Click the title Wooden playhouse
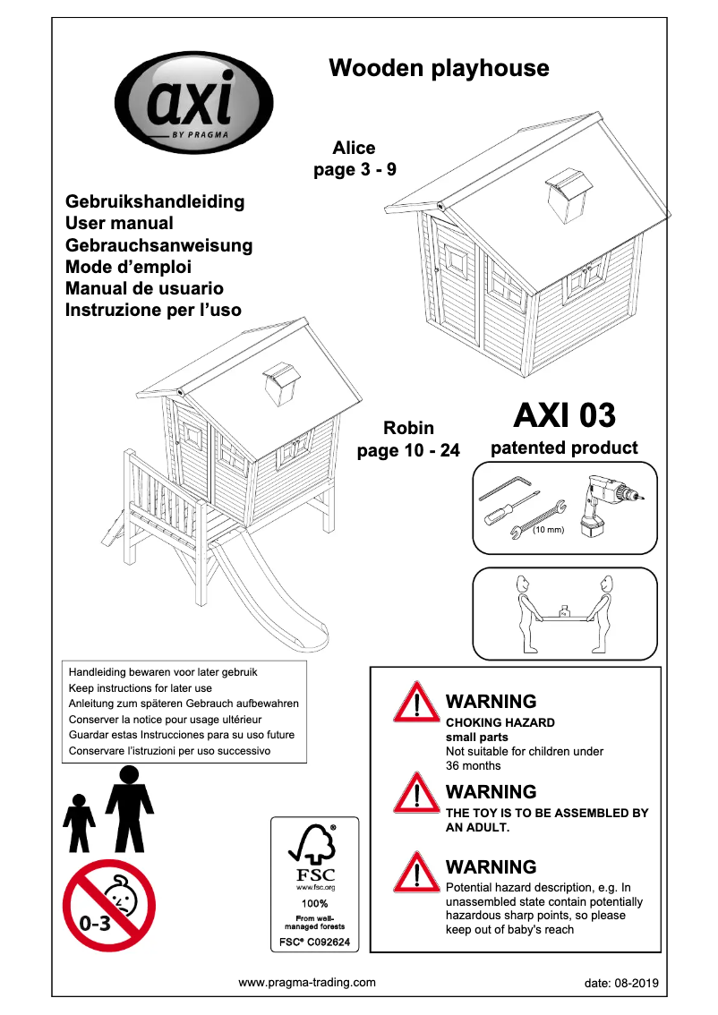point(439,68)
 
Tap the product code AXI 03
point(564,415)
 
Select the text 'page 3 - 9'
point(355,169)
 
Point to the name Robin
point(408,429)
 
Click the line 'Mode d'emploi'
point(129,267)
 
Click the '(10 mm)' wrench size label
point(547,531)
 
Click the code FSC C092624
point(314,943)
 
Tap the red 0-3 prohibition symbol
point(109,905)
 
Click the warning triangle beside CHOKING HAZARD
point(416,704)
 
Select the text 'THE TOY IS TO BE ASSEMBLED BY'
point(547,814)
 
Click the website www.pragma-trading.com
point(307,982)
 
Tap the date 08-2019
point(620,983)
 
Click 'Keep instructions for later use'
point(141,688)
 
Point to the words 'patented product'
point(564,448)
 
